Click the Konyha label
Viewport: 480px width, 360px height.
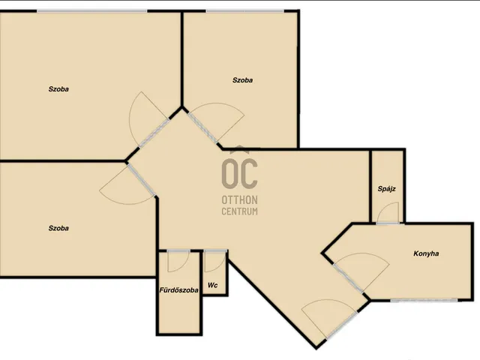point(426,253)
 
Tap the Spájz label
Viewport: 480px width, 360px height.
point(387,189)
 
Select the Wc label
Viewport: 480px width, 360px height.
point(213,285)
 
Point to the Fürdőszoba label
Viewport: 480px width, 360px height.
point(178,290)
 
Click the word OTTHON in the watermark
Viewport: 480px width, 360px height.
point(240,200)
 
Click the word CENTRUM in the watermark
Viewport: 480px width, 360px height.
point(240,211)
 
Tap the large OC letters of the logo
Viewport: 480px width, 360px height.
point(240,173)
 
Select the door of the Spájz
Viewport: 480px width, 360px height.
point(388,213)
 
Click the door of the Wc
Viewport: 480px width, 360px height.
point(215,261)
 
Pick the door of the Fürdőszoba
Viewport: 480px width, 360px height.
point(178,261)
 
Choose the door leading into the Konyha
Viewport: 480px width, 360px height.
point(361,271)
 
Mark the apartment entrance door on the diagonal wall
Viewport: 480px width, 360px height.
point(330,319)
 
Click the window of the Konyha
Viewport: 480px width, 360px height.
point(424,301)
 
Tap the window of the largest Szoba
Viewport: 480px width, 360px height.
point(92,11)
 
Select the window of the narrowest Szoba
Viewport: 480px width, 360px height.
point(245,11)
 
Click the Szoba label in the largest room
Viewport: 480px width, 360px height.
point(58,89)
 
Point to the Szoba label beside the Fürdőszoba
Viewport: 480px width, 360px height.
point(58,228)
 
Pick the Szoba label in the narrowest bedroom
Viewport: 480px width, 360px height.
point(242,80)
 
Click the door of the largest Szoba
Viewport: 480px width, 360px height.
point(149,119)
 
